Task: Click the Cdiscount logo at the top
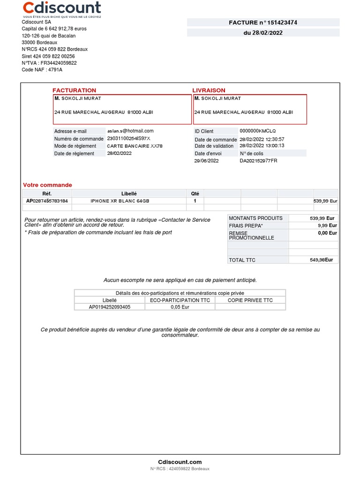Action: (62, 8)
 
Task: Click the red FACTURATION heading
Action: (74, 90)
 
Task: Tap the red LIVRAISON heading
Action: (209, 90)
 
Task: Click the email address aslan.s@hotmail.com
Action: (130, 131)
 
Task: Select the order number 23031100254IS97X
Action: (128, 139)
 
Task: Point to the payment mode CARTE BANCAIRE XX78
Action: (135, 146)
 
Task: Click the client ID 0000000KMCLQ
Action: (258, 131)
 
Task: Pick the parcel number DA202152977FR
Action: (258, 161)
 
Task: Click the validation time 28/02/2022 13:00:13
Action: (262, 146)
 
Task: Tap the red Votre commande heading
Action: (47, 185)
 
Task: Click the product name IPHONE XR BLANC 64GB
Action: (120, 201)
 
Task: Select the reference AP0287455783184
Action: (47, 201)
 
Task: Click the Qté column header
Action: (195, 194)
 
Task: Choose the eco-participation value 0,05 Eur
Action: (180, 307)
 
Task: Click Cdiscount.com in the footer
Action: (180, 462)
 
